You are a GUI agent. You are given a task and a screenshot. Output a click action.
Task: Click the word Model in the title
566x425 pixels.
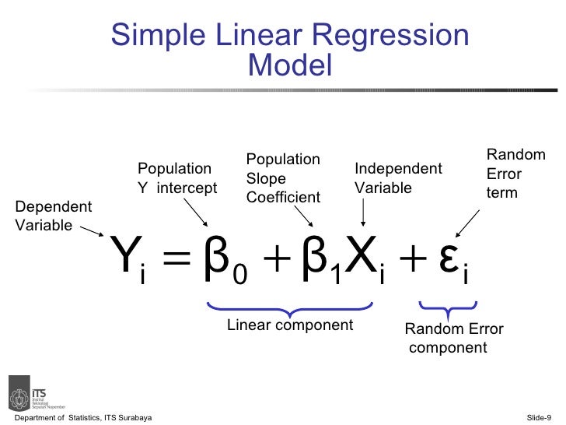(290, 65)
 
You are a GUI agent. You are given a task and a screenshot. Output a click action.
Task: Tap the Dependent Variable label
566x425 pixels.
(53, 216)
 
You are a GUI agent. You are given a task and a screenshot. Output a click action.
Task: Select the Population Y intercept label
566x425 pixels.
(177, 179)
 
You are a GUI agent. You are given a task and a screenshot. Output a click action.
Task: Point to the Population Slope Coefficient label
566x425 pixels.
(283, 178)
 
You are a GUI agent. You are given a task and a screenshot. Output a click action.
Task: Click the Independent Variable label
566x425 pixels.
(398, 178)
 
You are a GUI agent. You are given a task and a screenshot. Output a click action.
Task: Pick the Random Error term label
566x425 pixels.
(515, 174)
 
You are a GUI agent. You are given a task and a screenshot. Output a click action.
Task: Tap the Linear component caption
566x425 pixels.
(289, 325)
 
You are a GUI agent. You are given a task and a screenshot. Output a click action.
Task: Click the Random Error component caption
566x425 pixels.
(454, 339)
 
